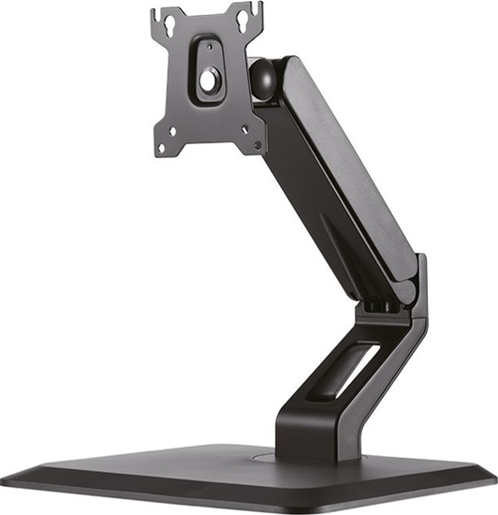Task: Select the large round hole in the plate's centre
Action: tap(207, 81)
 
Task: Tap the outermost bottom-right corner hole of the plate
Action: tap(257, 146)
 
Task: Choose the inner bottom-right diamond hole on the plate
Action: tap(242, 131)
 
